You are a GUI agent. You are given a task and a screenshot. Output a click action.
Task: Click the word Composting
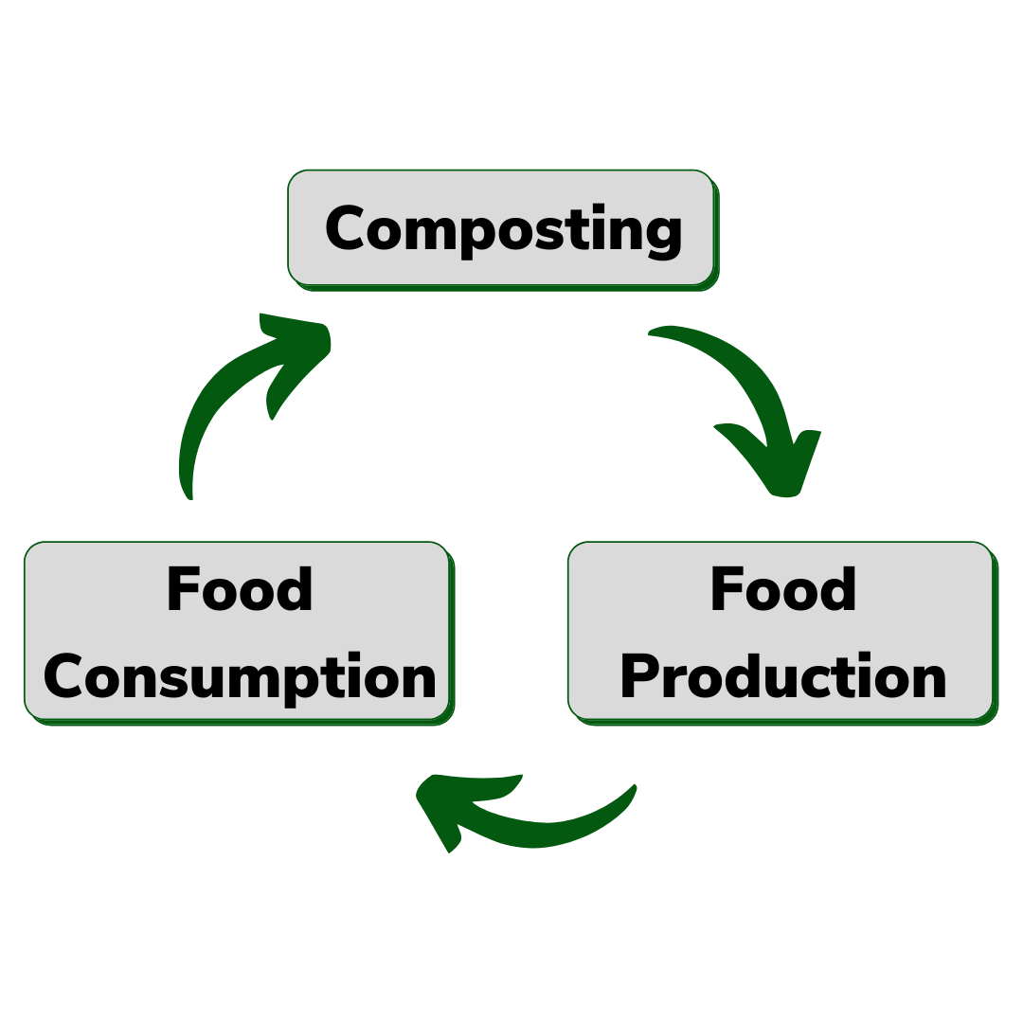pyautogui.click(x=503, y=230)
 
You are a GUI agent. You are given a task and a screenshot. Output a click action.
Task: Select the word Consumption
pyautogui.click(x=240, y=678)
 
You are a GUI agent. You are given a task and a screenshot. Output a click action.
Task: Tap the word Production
pyautogui.click(x=783, y=678)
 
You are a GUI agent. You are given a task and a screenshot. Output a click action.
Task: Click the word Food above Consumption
pyautogui.click(x=240, y=590)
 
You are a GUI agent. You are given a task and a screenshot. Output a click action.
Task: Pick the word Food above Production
pyautogui.click(x=783, y=590)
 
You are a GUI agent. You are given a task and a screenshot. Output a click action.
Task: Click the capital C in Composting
pyautogui.click(x=348, y=229)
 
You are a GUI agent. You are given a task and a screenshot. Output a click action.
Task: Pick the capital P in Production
pyautogui.click(x=641, y=677)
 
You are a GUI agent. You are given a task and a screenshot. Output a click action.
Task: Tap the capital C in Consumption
pyautogui.click(x=65, y=678)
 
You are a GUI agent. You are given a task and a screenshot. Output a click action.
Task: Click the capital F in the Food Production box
pyautogui.click(x=726, y=590)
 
